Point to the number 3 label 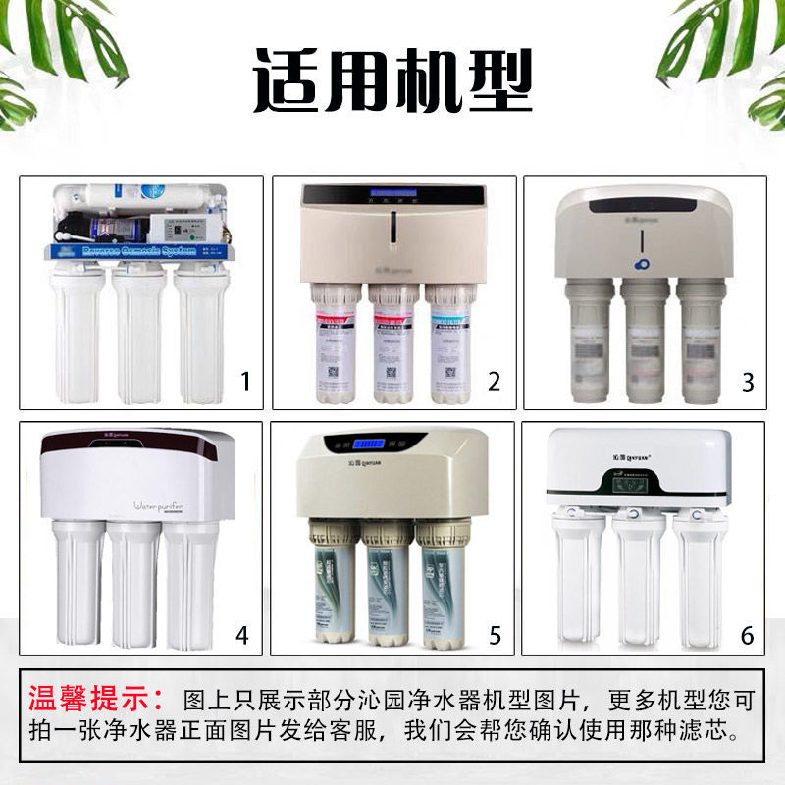[x=747, y=380]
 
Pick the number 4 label [x=241, y=636]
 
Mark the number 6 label [x=747, y=636]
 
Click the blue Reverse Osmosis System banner [x=141, y=250]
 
